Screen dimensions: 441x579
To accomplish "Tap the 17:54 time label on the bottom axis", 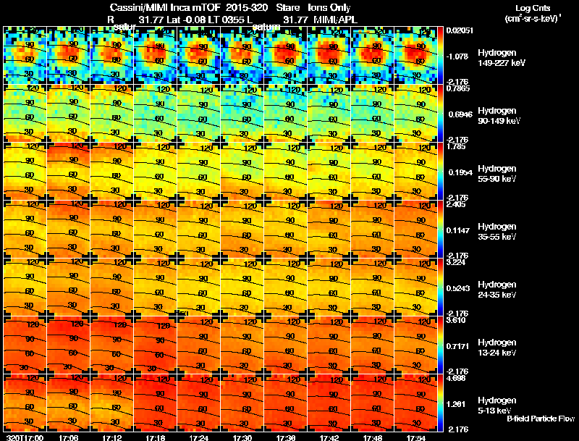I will pyautogui.click(x=415, y=437).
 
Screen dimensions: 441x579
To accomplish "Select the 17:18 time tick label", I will pyautogui.click(x=155, y=437).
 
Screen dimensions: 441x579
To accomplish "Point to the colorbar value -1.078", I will pyautogui.click(x=457, y=56).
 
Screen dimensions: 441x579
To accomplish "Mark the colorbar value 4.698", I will pyautogui.click(x=456, y=378).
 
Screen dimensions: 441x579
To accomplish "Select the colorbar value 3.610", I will pyautogui.click(x=456, y=320).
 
